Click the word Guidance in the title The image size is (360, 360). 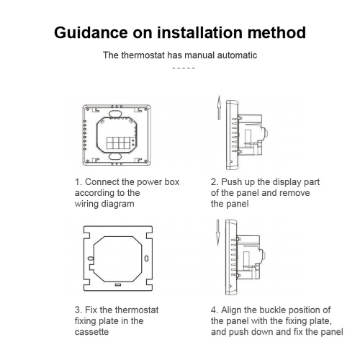[x=91, y=32]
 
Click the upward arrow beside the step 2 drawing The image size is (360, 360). [x=219, y=107]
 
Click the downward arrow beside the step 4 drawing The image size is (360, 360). [x=218, y=233]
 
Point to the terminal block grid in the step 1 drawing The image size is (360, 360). [x=118, y=143]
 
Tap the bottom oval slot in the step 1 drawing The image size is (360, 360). [x=115, y=157]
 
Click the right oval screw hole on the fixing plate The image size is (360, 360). [x=146, y=258]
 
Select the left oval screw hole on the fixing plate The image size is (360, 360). [x=91, y=258]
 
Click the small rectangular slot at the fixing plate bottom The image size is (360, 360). [x=118, y=284]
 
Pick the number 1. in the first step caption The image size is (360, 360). [x=78, y=182]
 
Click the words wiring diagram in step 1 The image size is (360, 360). [x=104, y=204]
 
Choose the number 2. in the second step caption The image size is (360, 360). [x=215, y=182]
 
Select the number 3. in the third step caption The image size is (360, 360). [x=78, y=310]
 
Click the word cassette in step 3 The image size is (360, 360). [x=91, y=332]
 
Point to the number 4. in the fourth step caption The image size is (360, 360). [x=215, y=310]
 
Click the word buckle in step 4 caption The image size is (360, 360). [x=272, y=310]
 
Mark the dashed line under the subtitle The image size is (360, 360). [x=184, y=68]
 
